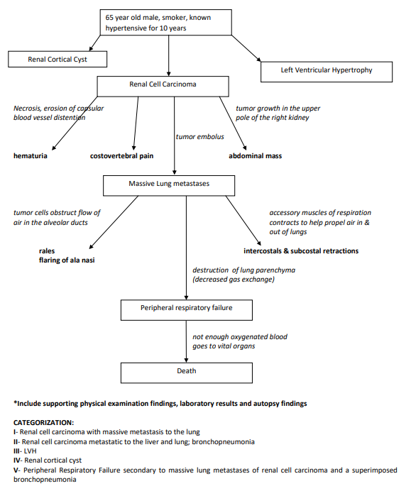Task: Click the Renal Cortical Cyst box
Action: (57, 60)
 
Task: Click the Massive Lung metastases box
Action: (169, 184)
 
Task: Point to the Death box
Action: (186, 370)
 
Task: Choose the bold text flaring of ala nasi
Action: (67, 260)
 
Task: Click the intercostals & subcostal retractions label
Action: (301, 251)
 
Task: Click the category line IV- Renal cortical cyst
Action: (48, 459)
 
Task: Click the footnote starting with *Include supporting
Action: (160, 403)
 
